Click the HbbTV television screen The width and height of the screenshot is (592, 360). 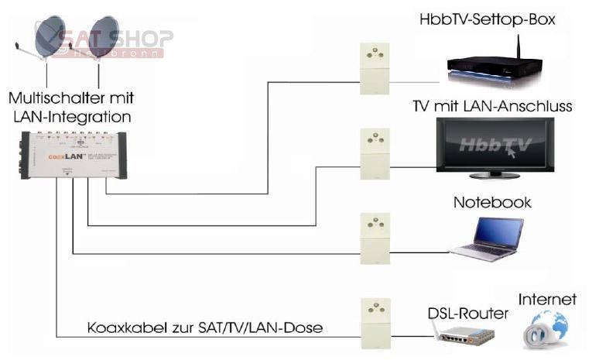coord(495,146)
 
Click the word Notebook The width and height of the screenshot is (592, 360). coord(492,203)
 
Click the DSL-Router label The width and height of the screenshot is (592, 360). coord(467,313)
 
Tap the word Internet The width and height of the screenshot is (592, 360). coord(547,299)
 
